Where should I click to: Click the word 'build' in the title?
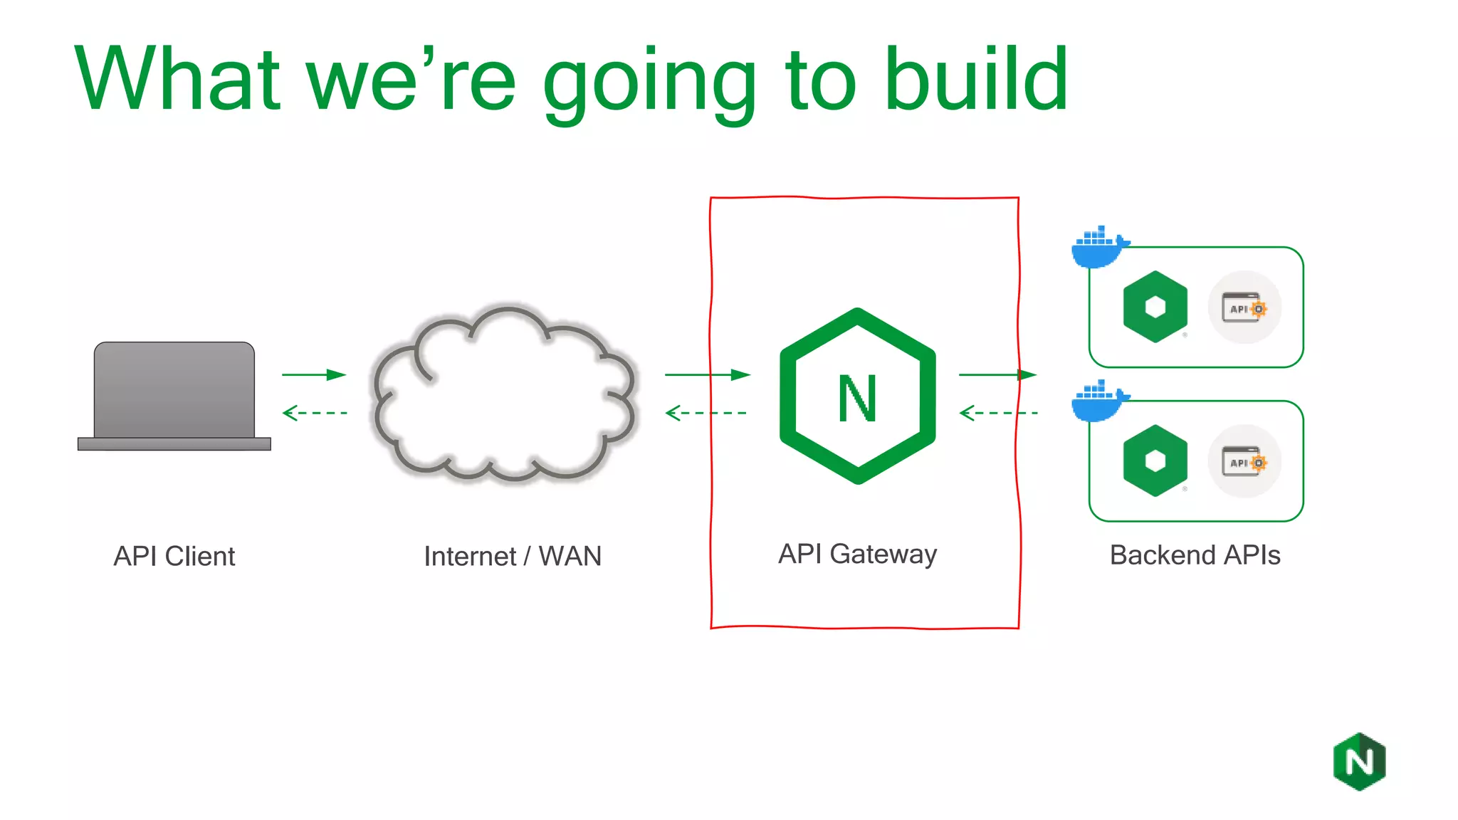[x=976, y=78]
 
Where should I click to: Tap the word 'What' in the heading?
[x=178, y=78]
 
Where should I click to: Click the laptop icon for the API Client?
[x=174, y=396]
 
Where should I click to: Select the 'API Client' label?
[x=174, y=556]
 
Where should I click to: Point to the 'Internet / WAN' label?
[x=513, y=556]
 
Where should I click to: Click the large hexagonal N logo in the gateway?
[x=858, y=396]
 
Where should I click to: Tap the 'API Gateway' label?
[x=857, y=554]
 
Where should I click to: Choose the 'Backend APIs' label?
[x=1195, y=555]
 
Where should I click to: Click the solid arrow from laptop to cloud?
[x=314, y=374]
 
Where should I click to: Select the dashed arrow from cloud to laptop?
[x=314, y=413]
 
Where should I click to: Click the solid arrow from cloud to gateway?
[x=707, y=374]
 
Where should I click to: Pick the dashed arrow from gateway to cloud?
[x=706, y=413]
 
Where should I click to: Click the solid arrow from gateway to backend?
[x=997, y=374]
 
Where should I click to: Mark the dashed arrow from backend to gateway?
[x=998, y=413]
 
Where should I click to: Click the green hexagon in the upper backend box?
[x=1155, y=307]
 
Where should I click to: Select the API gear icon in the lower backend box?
[x=1244, y=462]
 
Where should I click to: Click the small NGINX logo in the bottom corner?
[x=1359, y=762]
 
